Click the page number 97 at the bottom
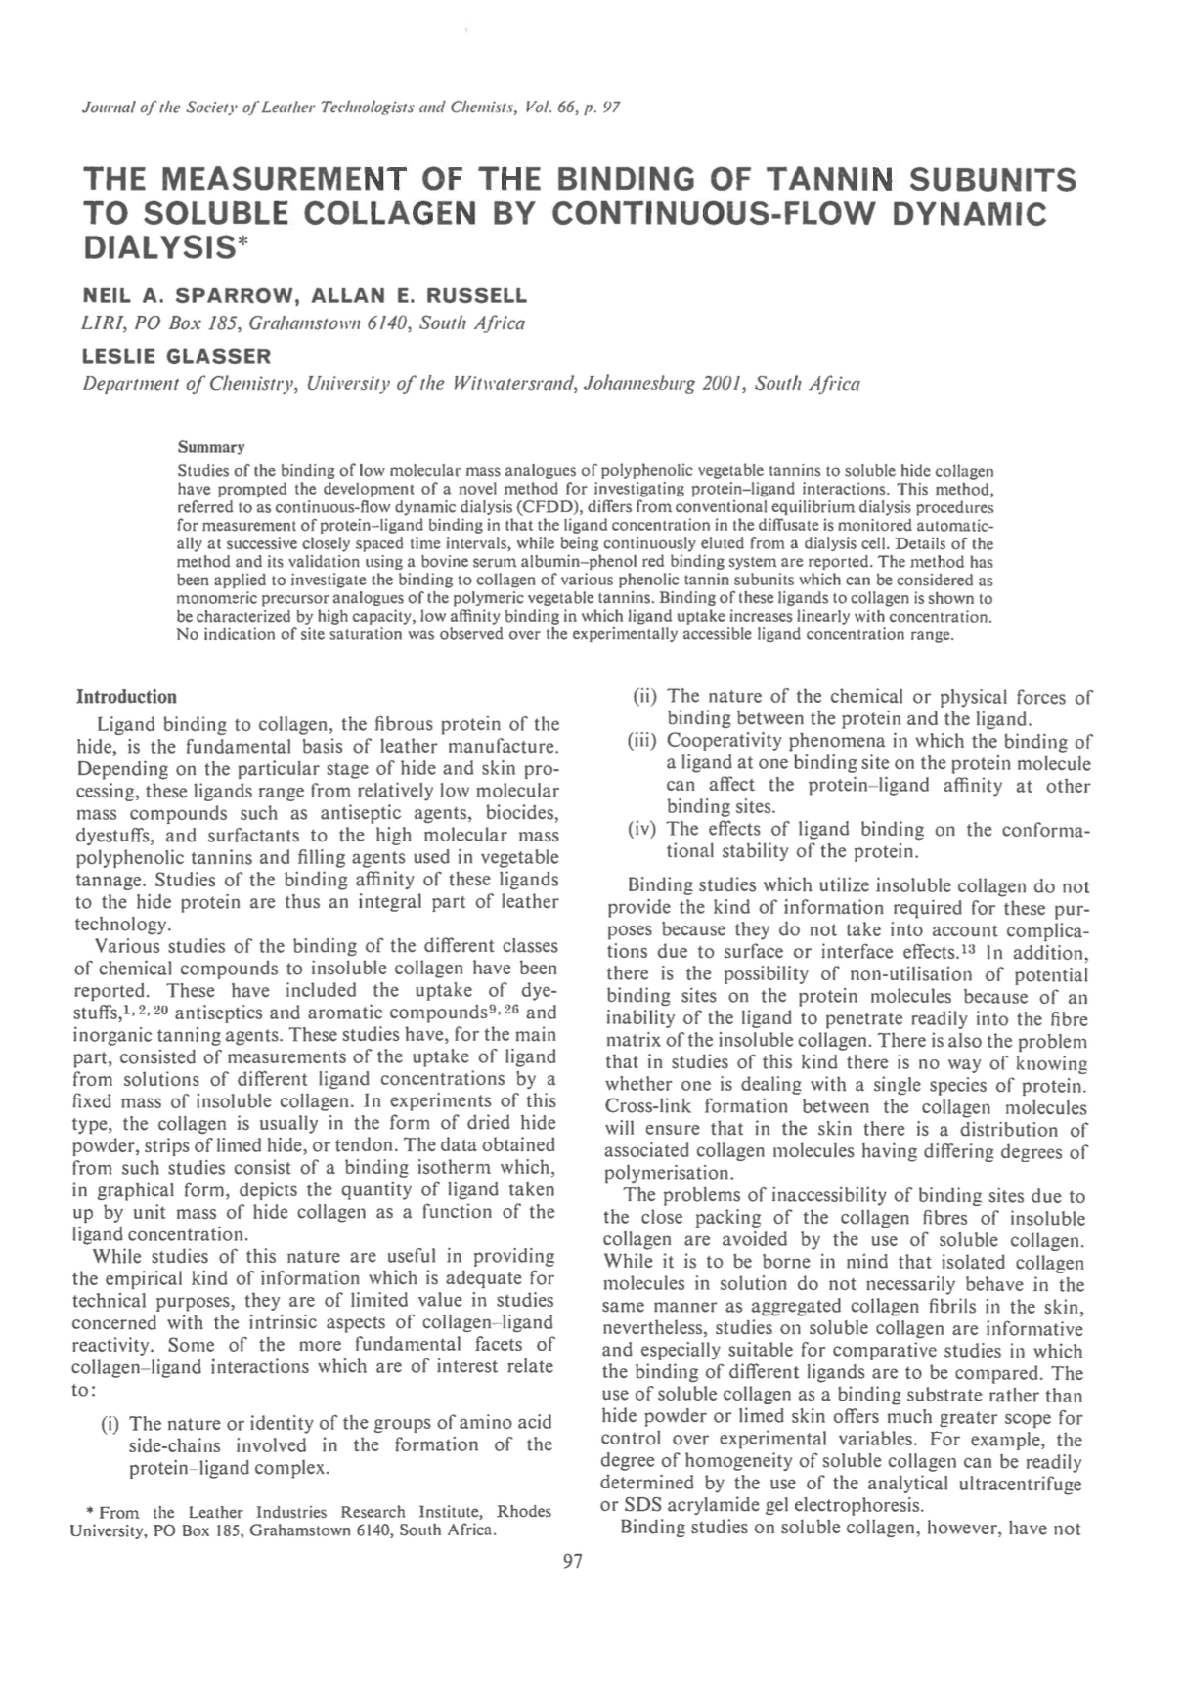coord(573,1562)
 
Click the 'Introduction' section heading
coord(127,697)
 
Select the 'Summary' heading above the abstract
coord(211,447)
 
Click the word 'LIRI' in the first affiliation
coord(98,323)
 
